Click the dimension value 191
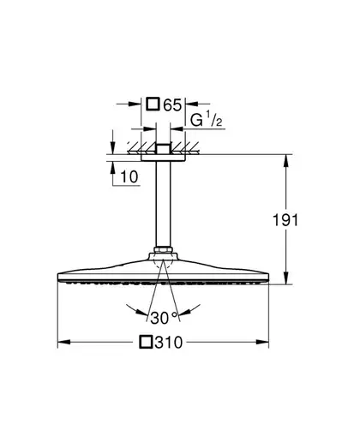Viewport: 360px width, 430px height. pyautogui.click(x=285, y=220)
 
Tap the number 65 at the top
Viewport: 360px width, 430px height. pyautogui.click(x=172, y=105)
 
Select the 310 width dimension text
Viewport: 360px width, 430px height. pyautogui.click(x=169, y=343)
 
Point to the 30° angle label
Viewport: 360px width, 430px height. pyautogui.click(x=164, y=318)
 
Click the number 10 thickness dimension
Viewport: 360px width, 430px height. pyautogui.click(x=129, y=176)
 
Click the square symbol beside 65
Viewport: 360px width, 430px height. pyautogui.click(x=153, y=104)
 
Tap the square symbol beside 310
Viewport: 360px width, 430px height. pyautogui.click(x=146, y=342)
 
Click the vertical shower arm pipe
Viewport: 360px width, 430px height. pyautogui.click(x=163, y=204)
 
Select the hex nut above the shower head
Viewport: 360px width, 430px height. pyautogui.click(x=163, y=250)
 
